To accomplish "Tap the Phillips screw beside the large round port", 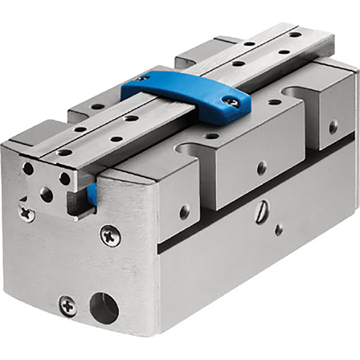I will coord(67,306).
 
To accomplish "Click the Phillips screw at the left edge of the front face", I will coord(26,212).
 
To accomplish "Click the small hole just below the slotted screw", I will coord(278,229).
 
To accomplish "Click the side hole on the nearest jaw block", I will coord(185,211).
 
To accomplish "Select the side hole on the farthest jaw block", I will coord(334,126).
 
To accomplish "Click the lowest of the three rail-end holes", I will coord(46,194).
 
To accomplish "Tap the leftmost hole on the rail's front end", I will coord(28,169).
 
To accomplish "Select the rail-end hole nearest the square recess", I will coord(65,178).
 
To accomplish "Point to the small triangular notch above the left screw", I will coord(23,198).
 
